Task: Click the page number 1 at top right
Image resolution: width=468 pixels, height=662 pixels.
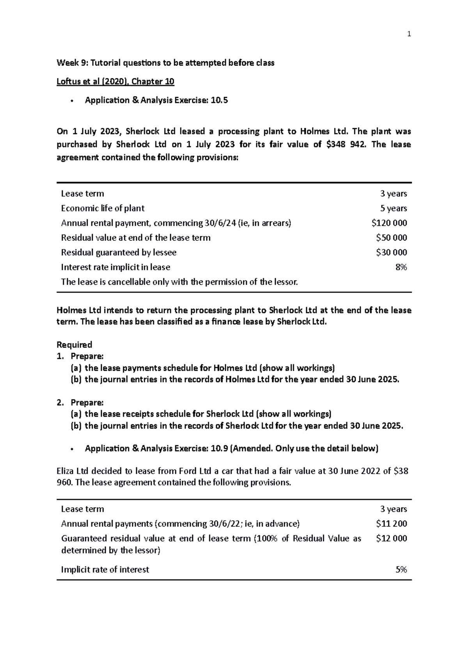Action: pyautogui.click(x=409, y=34)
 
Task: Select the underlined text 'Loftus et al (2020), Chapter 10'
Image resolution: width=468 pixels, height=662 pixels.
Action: pyautogui.click(x=115, y=81)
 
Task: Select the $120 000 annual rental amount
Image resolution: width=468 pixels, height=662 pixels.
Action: pyautogui.click(x=389, y=223)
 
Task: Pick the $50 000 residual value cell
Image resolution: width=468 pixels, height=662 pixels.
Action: pyautogui.click(x=391, y=238)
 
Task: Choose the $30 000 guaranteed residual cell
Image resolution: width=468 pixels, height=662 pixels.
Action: pyautogui.click(x=391, y=253)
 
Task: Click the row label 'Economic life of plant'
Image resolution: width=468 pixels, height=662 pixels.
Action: pyautogui.click(x=103, y=208)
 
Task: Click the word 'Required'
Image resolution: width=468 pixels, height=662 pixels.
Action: pyautogui.click(x=74, y=345)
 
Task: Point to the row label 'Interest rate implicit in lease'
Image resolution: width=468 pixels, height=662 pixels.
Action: pyautogui.click(x=115, y=267)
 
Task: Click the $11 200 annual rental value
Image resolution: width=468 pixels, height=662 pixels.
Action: pyautogui.click(x=391, y=524)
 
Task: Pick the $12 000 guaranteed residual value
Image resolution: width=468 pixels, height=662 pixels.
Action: pyautogui.click(x=391, y=538)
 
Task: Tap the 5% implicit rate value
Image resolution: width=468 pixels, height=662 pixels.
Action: pyautogui.click(x=401, y=570)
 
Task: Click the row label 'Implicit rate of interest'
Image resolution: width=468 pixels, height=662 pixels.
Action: pyautogui.click(x=105, y=570)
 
